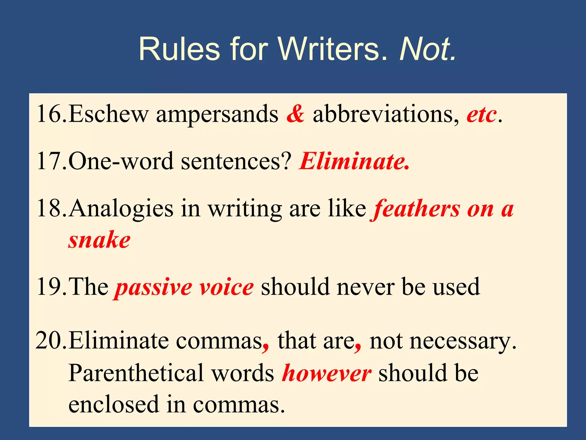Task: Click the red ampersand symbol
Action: tap(295, 114)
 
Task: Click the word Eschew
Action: tap(108, 114)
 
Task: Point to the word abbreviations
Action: tap(386, 114)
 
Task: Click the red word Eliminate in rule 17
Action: tap(354, 161)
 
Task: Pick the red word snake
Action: tap(99, 240)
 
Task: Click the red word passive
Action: tap(153, 287)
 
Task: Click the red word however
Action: tap(326, 373)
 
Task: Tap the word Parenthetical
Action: tap(136, 373)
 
